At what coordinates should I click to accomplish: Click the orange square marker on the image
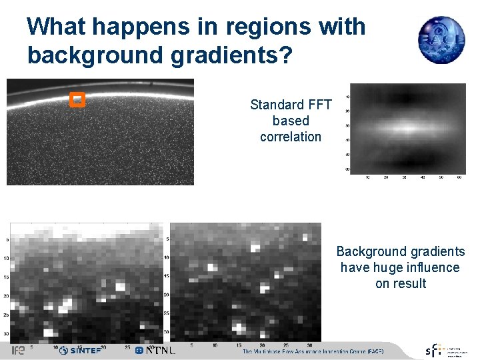[x=77, y=99]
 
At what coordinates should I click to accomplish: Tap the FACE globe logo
[x=441, y=39]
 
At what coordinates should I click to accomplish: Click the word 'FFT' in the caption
[x=317, y=105]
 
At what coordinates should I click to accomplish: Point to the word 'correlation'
[x=291, y=137]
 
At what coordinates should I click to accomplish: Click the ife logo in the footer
[x=18, y=350]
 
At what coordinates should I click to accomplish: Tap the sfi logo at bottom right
[x=434, y=351]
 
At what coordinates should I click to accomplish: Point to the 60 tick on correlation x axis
[x=459, y=178]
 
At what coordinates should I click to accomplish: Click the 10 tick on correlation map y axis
[x=347, y=97]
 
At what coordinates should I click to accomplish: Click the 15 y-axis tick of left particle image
[x=7, y=277]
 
